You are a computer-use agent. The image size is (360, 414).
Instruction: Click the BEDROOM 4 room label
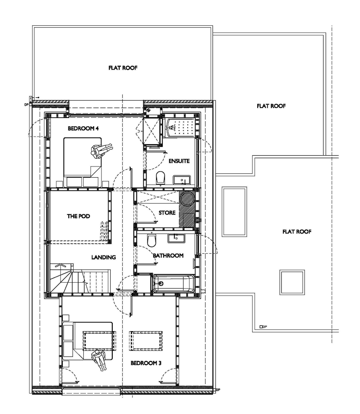point(83,129)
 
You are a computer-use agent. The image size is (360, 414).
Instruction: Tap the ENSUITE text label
point(179,161)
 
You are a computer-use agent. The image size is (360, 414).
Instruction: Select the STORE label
point(167,213)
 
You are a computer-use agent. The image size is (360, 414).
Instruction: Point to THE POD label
point(78,216)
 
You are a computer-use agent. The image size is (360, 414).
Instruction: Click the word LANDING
point(103,257)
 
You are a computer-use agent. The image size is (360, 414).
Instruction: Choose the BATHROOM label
point(168,255)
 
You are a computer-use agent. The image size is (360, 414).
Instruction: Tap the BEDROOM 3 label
point(146,363)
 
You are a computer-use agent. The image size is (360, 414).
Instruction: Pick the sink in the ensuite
point(181,179)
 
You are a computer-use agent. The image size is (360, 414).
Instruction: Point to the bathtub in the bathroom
point(173,284)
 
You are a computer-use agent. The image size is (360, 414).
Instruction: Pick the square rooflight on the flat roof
point(292,282)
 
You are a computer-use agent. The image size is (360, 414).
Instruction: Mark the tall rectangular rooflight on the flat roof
point(234,211)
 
